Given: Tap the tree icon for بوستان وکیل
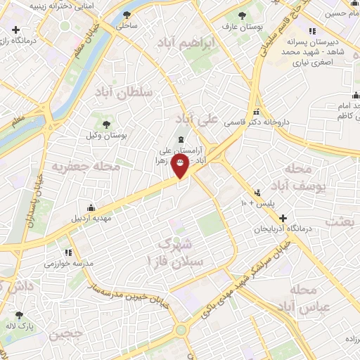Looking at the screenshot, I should click(105, 124).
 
